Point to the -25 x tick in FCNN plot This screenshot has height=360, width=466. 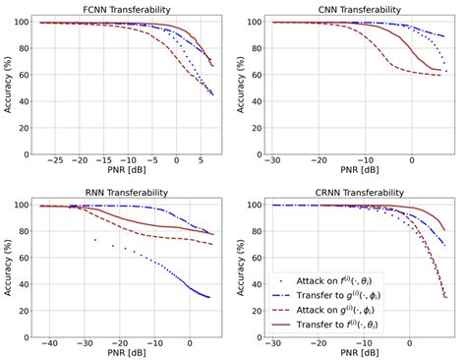(x=55, y=158)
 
